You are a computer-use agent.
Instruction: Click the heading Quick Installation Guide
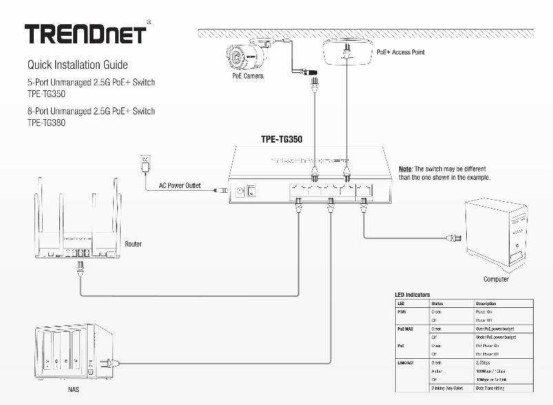pyautogui.click(x=77, y=65)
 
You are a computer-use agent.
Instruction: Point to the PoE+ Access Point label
pyautogui.click(x=401, y=52)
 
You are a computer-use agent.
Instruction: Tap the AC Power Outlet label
pyautogui.click(x=179, y=186)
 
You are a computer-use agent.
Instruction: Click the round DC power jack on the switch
pyautogui.click(x=240, y=191)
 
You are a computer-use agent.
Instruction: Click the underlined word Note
pyautogui.click(x=405, y=169)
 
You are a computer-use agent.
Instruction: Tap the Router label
pyautogui.click(x=134, y=245)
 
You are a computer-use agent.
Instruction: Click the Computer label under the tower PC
pyautogui.click(x=496, y=279)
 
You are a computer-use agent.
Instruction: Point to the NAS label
pyautogui.click(x=73, y=391)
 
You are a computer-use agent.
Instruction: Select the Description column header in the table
pyautogui.click(x=486, y=303)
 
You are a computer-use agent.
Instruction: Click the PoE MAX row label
pyautogui.click(x=407, y=329)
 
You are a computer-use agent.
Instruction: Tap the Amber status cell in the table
pyautogui.click(x=437, y=371)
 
